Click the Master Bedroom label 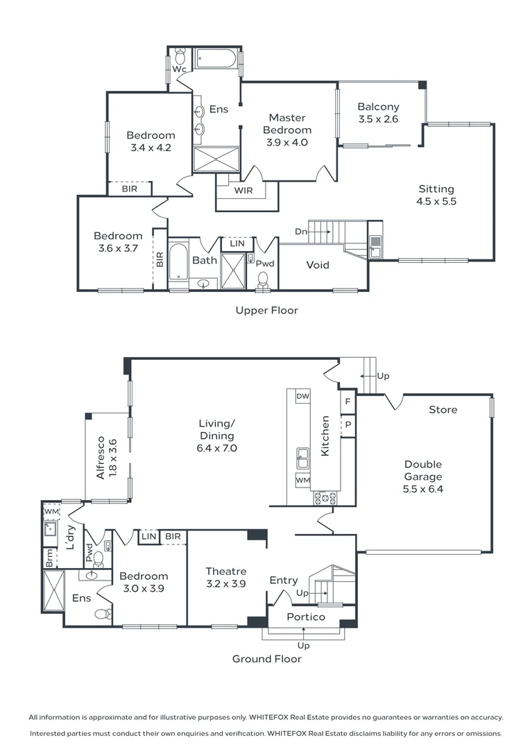click(287, 124)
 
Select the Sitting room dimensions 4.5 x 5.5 click(436, 202)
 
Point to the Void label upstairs click(318, 265)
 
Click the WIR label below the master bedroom click(243, 190)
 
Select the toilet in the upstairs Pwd click(263, 279)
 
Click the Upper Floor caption click(266, 310)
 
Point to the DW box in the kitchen click(302, 396)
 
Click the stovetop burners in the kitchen click(325, 497)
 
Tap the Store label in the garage click(443, 410)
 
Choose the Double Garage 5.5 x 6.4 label click(423, 476)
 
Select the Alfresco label click(101, 457)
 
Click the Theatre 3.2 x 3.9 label click(225, 577)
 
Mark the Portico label click(306, 617)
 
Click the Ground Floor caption click(266, 659)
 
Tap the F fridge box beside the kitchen click(347, 402)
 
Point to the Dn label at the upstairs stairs click(301, 232)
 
